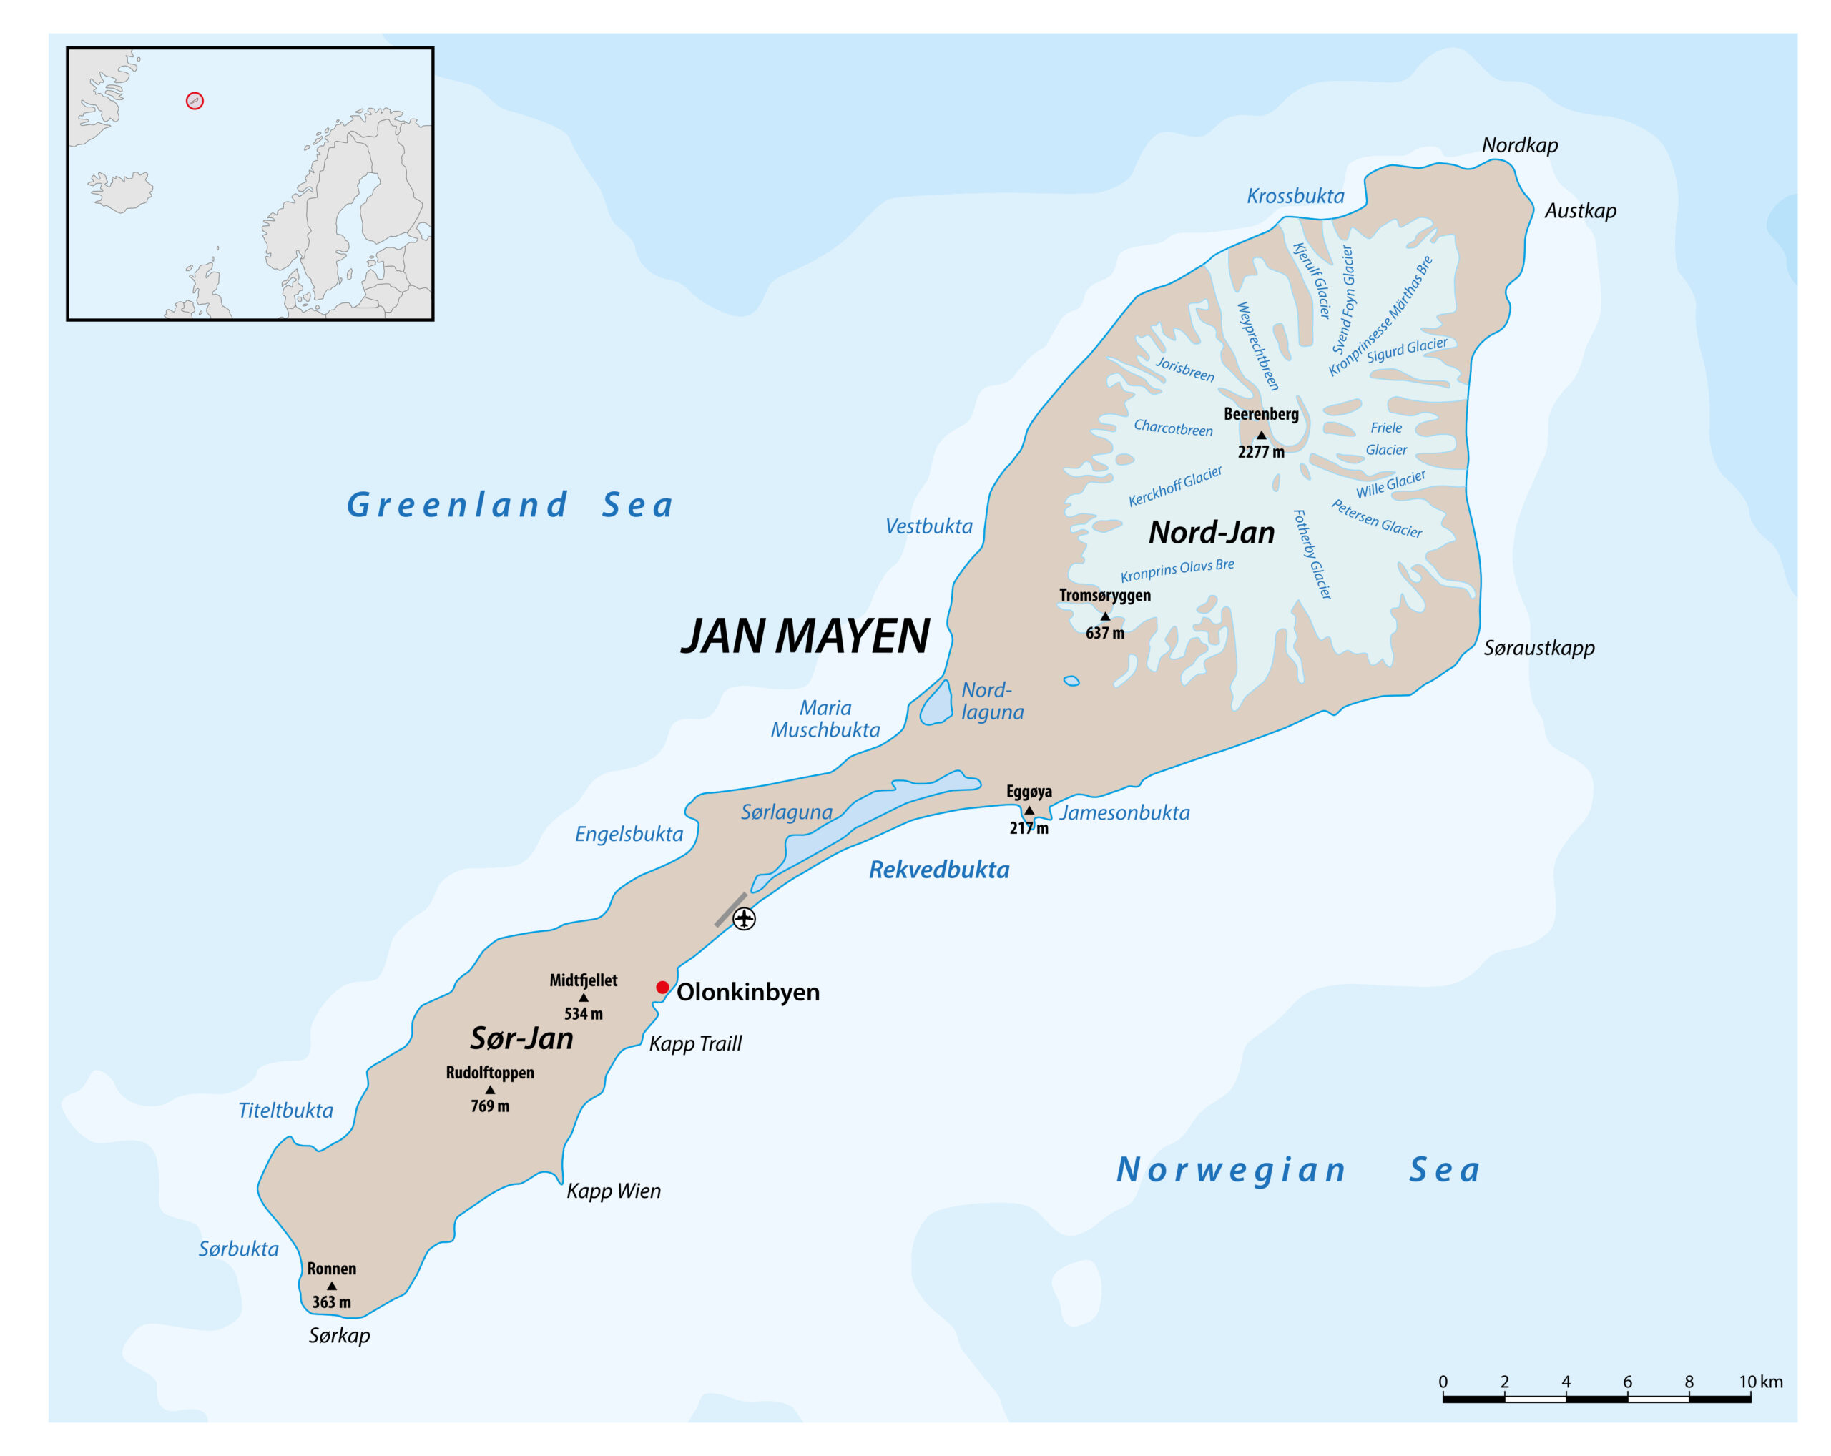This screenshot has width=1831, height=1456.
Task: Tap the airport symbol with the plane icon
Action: (744, 919)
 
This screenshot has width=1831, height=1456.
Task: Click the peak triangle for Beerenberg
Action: (1261, 435)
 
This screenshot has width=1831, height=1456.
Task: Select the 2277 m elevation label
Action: (1260, 452)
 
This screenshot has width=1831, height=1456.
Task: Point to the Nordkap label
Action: (1519, 145)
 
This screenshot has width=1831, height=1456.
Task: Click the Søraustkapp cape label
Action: (1539, 648)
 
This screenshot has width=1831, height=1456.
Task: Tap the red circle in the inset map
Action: (195, 101)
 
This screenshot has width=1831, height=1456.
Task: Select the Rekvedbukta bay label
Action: (938, 870)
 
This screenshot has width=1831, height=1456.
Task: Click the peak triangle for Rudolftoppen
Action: (490, 1089)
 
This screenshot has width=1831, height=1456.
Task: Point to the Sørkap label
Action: (339, 1335)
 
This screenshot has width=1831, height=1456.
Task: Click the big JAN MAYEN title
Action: (805, 636)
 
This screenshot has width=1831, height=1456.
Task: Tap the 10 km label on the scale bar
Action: (1759, 1382)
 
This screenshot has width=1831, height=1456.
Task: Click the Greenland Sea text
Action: (509, 505)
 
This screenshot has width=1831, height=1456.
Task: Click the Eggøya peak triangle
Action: (1029, 810)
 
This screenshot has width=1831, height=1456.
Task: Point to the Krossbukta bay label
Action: (1295, 196)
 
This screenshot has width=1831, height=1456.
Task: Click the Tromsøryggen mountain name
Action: (1104, 595)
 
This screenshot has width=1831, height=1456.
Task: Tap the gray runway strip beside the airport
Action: (730, 909)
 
